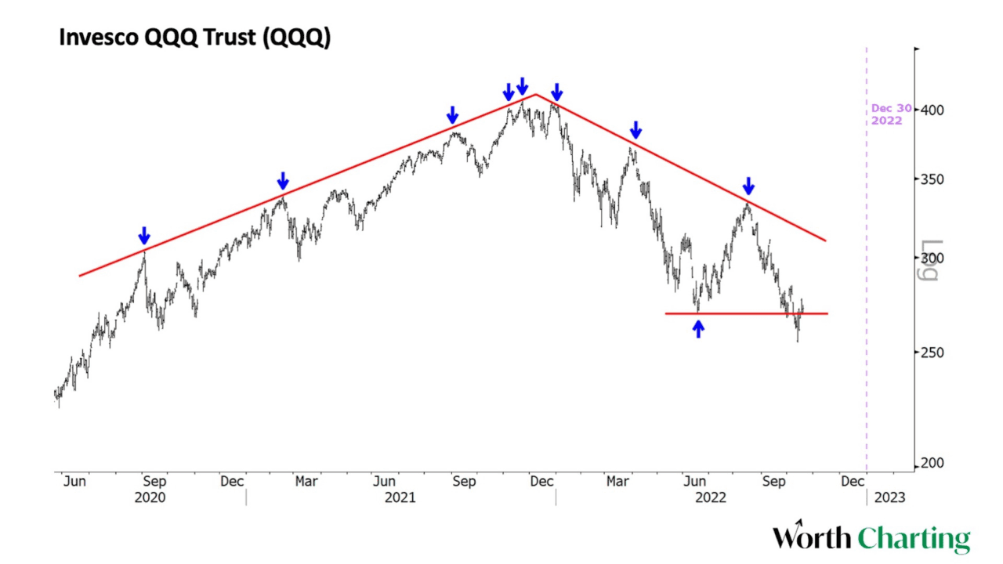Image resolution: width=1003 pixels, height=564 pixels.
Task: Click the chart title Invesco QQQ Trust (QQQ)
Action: point(195,37)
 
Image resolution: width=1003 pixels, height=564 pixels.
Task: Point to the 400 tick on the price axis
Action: point(932,110)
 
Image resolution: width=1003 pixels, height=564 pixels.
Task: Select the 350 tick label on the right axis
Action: point(932,179)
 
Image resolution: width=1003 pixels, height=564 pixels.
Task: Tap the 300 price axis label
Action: point(932,258)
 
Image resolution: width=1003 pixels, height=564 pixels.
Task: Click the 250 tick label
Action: point(932,352)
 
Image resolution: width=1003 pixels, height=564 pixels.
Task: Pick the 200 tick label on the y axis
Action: point(932,463)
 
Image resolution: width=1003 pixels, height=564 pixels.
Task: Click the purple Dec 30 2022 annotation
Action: point(891,114)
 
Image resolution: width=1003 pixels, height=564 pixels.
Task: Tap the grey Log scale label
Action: point(929,260)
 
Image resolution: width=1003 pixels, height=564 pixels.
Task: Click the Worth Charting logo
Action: point(871,538)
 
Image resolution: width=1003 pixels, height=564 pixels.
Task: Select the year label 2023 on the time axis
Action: point(890,497)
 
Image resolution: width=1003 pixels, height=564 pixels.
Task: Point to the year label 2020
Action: point(150,497)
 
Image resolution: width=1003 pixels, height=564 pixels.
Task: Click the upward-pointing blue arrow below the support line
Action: point(698,329)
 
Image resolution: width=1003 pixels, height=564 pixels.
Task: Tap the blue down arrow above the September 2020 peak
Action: point(143,235)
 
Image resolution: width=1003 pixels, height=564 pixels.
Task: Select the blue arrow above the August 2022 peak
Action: point(748,186)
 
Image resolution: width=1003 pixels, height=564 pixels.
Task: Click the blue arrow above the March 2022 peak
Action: point(635,129)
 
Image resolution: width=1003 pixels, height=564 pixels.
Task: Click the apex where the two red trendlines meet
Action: point(536,95)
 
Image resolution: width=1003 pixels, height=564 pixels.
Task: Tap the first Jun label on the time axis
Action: point(74,481)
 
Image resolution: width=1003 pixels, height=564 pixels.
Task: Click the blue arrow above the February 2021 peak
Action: point(283,181)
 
